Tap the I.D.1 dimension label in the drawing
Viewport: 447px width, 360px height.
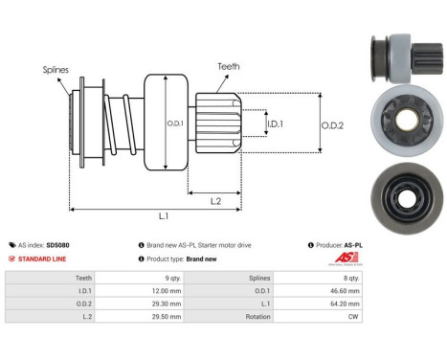275,124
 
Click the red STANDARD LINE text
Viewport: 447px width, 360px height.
41,259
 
